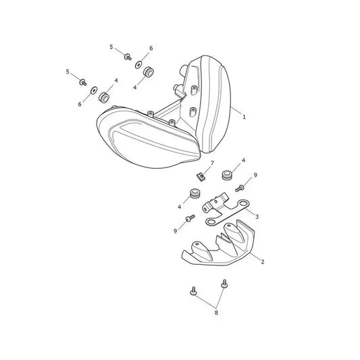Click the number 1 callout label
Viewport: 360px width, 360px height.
click(x=244, y=117)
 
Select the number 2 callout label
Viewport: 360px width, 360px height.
click(x=263, y=261)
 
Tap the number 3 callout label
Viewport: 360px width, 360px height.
click(x=257, y=217)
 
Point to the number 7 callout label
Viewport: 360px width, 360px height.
click(x=212, y=163)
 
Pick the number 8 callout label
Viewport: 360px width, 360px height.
click(x=216, y=313)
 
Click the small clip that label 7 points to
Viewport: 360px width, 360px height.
click(x=201, y=177)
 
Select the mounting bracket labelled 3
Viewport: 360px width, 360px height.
click(x=226, y=210)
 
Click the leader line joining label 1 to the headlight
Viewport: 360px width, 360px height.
click(x=236, y=111)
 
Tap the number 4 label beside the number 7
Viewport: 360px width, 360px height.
click(x=243, y=160)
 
